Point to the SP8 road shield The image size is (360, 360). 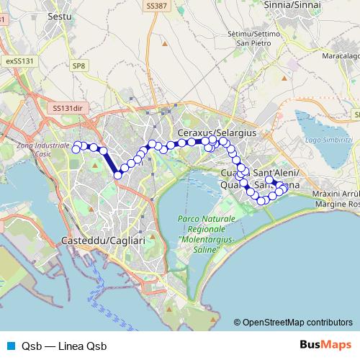78,65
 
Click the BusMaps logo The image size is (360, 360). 325,346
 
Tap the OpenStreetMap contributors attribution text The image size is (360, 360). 297,322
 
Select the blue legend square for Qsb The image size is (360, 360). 10,346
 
